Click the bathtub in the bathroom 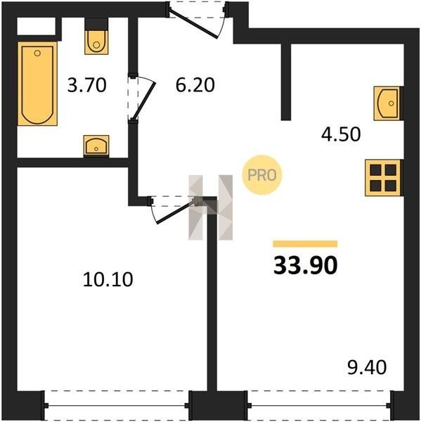coord(37,84)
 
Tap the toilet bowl coord(96,42)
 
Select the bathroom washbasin coord(96,146)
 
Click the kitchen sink coord(388,103)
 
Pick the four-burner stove coord(383,178)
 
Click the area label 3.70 coord(86,85)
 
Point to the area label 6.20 coord(195,85)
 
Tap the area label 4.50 coord(341,134)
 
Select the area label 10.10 coord(108,279)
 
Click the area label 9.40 coord(367,367)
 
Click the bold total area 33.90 coord(305,265)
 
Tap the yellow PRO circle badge coord(262,175)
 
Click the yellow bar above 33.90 coord(305,243)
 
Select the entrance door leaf coord(194,24)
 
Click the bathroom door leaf coord(145,101)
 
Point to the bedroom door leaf coord(176,211)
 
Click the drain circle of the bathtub coord(37,53)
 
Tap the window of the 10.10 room coord(117,405)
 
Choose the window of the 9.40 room coord(320,405)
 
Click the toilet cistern coord(96,24)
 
